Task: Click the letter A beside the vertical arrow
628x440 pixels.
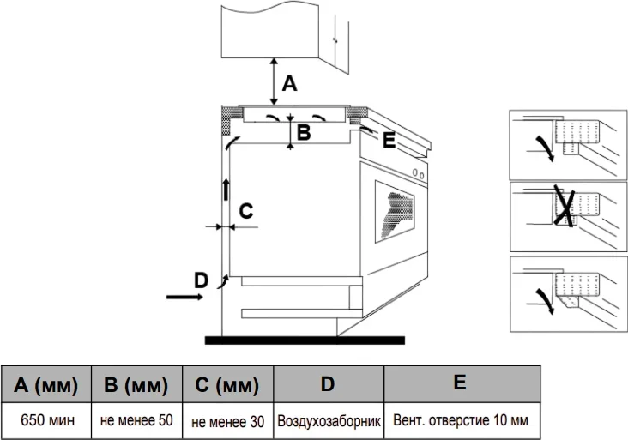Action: tap(290, 84)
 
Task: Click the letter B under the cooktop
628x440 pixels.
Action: tap(303, 133)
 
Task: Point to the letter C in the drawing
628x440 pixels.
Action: tap(245, 211)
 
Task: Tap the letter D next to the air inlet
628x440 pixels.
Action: tap(200, 280)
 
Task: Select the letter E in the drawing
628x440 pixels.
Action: tap(389, 141)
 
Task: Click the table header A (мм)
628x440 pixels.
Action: tap(46, 385)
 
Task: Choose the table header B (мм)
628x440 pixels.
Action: tap(136, 385)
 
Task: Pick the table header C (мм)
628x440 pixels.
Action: tap(227, 385)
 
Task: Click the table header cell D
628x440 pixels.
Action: tap(328, 384)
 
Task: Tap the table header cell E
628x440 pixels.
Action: tap(461, 383)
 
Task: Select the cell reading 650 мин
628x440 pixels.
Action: tap(46, 421)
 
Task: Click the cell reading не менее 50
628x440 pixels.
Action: tap(136, 421)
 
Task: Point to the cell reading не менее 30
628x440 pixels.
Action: tap(227, 422)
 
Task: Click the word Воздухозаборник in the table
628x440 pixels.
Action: tap(328, 422)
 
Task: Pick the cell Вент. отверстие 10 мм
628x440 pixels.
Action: tap(461, 421)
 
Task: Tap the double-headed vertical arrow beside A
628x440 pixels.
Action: tap(274, 81)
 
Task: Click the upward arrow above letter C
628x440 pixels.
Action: tap(227, 188)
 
